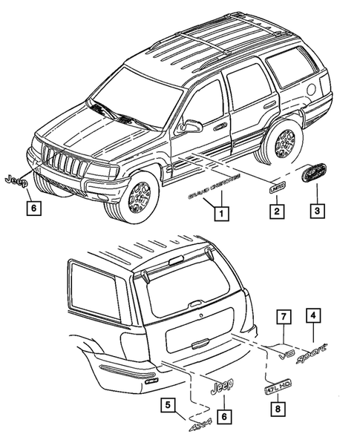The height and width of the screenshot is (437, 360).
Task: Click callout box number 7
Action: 282,318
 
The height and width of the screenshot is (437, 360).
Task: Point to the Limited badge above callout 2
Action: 276,188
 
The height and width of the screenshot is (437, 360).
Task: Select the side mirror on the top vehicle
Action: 191,127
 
